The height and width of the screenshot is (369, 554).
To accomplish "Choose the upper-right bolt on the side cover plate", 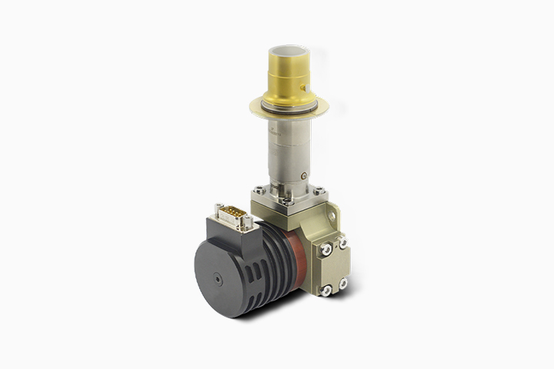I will pyautogui.click(x=343, y=243).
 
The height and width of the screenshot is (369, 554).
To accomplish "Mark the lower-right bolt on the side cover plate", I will pyautogui.click(x=343, y=283).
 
